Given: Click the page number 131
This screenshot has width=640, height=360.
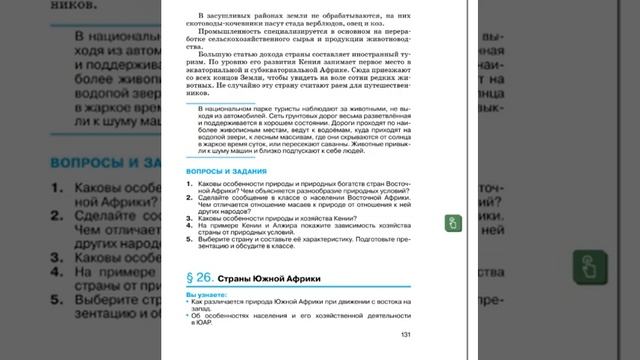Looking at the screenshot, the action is [x=404, y=334].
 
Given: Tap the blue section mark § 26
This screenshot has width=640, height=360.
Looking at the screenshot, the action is [x=203, y=276].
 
